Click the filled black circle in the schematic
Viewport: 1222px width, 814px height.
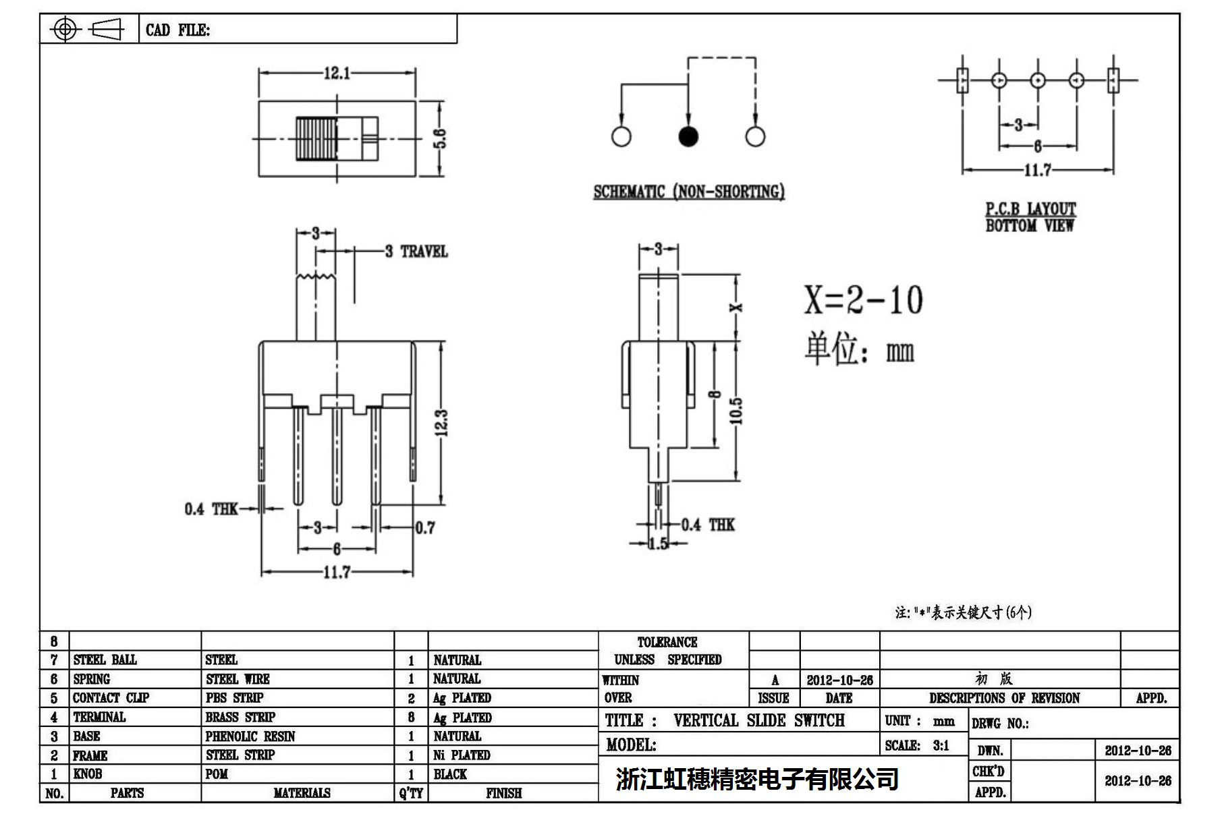[x=688, y=136]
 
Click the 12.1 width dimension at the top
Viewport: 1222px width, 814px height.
[x=337, y=73]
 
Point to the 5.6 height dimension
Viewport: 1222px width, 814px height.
[x=439, y=139]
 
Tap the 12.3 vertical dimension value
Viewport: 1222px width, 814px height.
[x=441, y=423]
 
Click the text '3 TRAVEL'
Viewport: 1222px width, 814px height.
[x=416, y=252]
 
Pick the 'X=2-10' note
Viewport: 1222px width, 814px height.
[x=863, y=300]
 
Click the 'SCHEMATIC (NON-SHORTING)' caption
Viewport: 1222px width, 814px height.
[x=689, y=192]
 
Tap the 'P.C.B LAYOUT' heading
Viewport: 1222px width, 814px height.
[x=1030, y=209]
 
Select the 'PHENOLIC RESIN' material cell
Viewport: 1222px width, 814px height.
[x=250, y=736]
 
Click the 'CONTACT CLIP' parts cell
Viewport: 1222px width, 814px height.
[x=111, y=698]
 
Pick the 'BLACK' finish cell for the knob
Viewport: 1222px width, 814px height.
[x=450, y=774]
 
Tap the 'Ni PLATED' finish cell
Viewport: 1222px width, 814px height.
[x=462, y=755]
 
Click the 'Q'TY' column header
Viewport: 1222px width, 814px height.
[x=411, y=793]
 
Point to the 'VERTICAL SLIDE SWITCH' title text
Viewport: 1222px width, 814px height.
[x=758, y=721]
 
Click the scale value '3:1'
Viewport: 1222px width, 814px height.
[x=941, y=745]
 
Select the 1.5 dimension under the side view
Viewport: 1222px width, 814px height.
[x=658, y=544]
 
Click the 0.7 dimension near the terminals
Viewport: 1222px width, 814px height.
[x=425, y=528]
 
